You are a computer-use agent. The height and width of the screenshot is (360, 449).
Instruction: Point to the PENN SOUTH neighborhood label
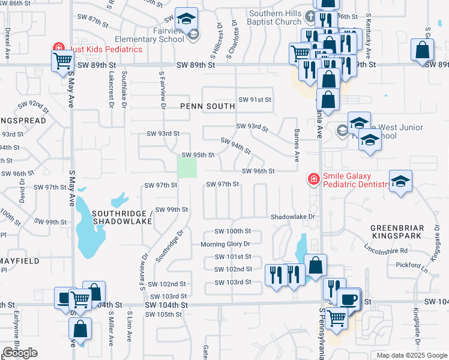(208, 107)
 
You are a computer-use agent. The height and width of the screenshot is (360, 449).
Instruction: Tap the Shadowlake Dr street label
(292, 216)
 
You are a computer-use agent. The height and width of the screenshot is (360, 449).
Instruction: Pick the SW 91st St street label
(255, 100)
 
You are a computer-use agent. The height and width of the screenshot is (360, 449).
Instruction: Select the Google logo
(20, 353)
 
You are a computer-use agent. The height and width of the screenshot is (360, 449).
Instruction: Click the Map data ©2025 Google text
(411, 355)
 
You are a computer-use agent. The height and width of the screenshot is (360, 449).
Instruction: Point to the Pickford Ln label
(411, 265)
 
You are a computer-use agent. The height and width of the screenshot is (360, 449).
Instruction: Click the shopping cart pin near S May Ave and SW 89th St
(62, 61)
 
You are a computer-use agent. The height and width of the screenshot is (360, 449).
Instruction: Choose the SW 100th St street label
(232, 231)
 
